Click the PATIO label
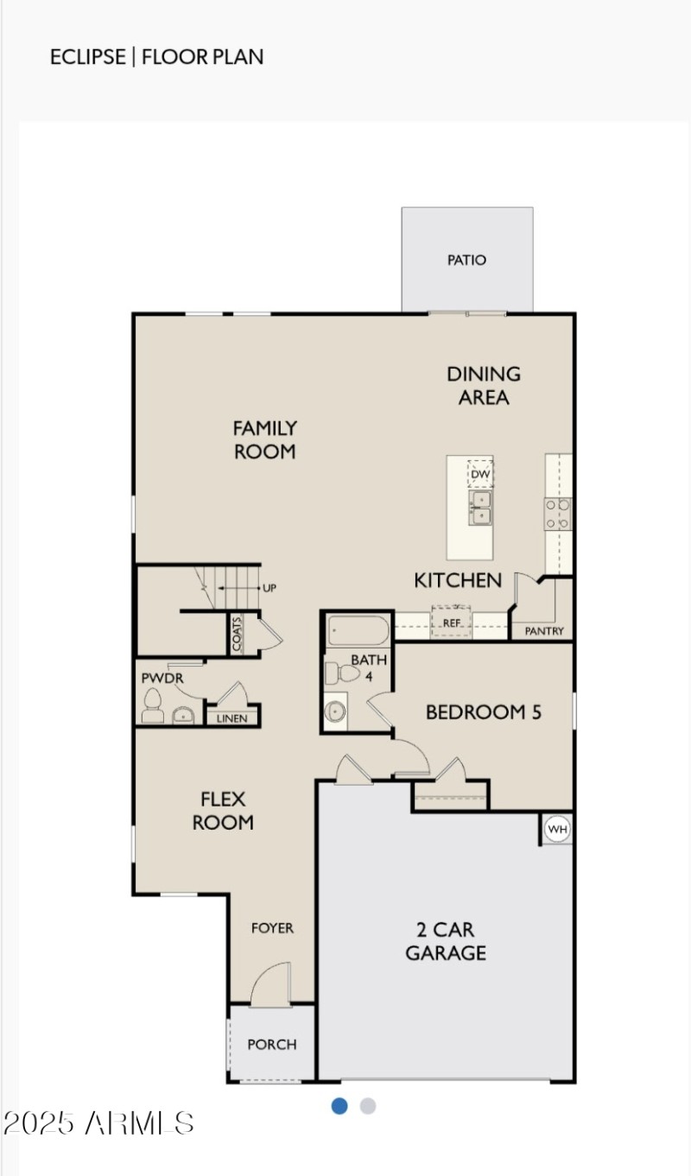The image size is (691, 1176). [x=466, y=260]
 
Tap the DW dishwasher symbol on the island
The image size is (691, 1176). [x=480, y=474]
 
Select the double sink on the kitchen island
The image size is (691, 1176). [x=480, y=508]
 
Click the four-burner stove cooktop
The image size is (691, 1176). [x=557, y=513]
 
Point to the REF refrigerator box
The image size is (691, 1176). [x=451, y=622]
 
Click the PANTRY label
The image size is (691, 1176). [x=544, y=631]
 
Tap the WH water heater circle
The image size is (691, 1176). [x=557, y=830]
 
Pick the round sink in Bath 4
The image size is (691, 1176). [x=335, y=711]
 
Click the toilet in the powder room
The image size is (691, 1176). [x=154, y=705]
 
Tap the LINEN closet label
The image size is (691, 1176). [x=231, y=718]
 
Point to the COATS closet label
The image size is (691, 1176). [x=237, y=634]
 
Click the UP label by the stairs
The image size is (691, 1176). [x=269, y=588]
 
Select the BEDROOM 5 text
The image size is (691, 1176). [x=484, y=712]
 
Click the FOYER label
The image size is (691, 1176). [x=272, y=928]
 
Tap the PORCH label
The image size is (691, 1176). [x=272, y=1045]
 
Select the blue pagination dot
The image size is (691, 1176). [x=339, y=1106]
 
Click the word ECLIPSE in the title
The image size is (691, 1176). [x=87, y=58]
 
